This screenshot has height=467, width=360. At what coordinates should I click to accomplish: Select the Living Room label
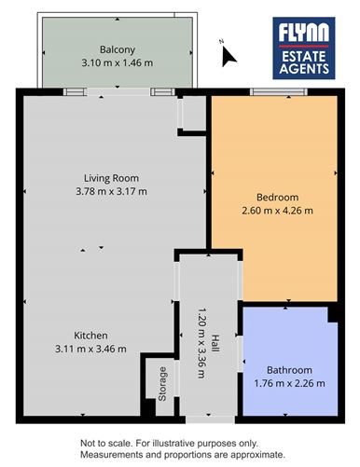[x=110, y=178]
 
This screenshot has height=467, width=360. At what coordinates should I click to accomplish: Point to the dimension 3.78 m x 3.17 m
[x=110, y=191]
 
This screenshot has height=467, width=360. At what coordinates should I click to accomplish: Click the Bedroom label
[x=277, y=197]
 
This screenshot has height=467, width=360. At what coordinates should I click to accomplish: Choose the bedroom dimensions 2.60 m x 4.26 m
[x=277, y=210]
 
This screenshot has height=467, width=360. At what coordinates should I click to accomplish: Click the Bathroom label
[x=289, y=369]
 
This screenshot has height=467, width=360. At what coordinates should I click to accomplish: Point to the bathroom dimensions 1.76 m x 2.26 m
[x=289, y=382]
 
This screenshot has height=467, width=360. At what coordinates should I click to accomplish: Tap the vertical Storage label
[x=161, y=384]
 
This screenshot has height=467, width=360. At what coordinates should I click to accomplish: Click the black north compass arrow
[x=228, y=56]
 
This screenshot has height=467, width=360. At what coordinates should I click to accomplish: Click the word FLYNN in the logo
[x=304, y=36]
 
